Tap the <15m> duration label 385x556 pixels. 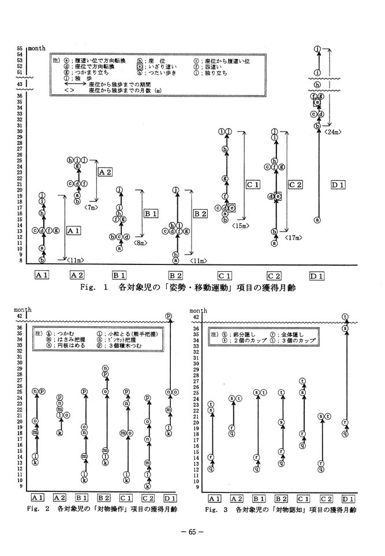[241, 226]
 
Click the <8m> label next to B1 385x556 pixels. [140, 243]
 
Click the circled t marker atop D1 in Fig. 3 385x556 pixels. [345, 316]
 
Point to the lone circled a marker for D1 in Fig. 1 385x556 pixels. [317, 220]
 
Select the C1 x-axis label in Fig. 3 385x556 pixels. [302, 498]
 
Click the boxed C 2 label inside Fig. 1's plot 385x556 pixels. [295, 184]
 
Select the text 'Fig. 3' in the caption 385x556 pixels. [215, 510]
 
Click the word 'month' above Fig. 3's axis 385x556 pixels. [198, 311]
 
